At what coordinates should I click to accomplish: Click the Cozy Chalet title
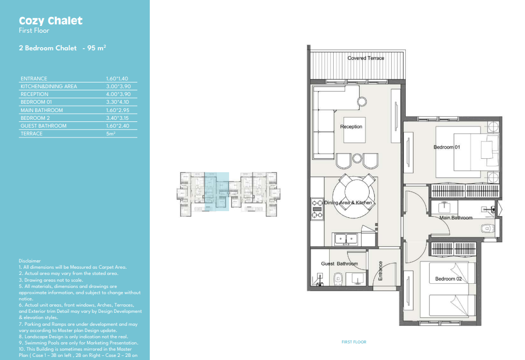pos(51,21)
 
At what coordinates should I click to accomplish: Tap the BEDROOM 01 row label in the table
pos(36,102)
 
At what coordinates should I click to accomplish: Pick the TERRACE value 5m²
pos(111,133)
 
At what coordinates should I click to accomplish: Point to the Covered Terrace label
pos(365,58)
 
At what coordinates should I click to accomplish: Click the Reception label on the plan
pos(351,127)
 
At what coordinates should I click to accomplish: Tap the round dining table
pos(354,197)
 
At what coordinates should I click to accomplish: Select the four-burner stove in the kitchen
pos(317,209)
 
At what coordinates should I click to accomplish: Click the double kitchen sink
pos(346,239)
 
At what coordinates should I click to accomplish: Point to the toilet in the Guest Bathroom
pos(338,279)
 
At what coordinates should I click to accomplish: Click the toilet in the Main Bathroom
pos(487,228)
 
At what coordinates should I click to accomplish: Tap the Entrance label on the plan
pos(380,271)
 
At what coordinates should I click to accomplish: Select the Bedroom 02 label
pos(448,279)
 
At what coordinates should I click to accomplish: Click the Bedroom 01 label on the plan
pos(447,147)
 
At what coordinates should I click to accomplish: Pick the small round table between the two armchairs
pos(357,158)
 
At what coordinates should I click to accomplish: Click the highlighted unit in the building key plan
pos(217,191)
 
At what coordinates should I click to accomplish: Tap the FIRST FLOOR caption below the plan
pos(354,342)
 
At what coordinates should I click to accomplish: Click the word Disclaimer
pos(30,261)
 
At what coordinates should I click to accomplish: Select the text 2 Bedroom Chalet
pos(48,48)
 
